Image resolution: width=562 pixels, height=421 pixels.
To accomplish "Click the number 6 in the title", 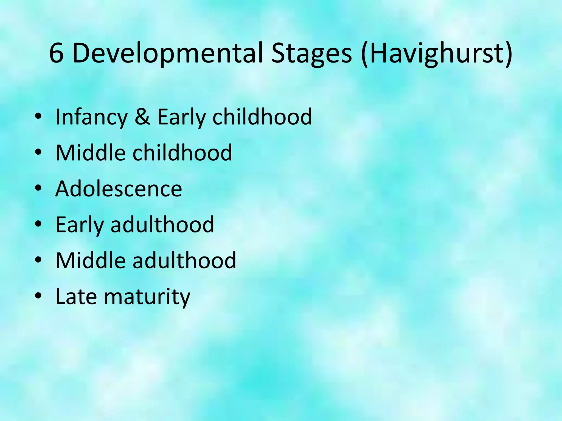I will click(x=57, y=53).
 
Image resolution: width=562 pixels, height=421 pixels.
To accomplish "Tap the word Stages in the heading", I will click(x=311, y=53).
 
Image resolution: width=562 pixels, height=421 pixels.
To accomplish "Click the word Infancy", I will click(x=92, y=117).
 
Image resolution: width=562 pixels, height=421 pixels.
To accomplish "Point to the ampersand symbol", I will click(x=142, y=117).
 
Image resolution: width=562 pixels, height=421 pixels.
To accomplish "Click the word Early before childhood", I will click(x=181, y=117).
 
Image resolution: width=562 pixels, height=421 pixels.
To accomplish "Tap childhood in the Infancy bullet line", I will click(x=262, y=117).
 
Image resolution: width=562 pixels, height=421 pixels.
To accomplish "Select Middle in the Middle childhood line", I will click(x=91, y=153).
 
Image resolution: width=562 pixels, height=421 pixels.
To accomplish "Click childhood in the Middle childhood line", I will click(x=182, y=153).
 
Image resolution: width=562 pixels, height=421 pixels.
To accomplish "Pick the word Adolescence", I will click(x=119, y=189).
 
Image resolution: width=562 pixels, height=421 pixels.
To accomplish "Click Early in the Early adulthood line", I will click(x=80, y=225).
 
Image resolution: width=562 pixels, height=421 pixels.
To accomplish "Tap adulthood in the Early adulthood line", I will click(x=162, y=224).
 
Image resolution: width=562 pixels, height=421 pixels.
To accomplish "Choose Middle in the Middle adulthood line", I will click(x=91, y=260).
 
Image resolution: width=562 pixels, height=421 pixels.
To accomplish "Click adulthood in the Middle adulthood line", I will click(x=184, y=260).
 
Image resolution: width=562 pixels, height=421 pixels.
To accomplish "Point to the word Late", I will click(x=76, y=297).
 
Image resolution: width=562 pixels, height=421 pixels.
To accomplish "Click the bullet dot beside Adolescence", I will click(x=38, y=188).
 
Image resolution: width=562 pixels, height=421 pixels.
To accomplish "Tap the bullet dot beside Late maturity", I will click(x=38, y=296).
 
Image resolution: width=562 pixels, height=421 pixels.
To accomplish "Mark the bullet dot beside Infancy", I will click(x=38, y=116).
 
